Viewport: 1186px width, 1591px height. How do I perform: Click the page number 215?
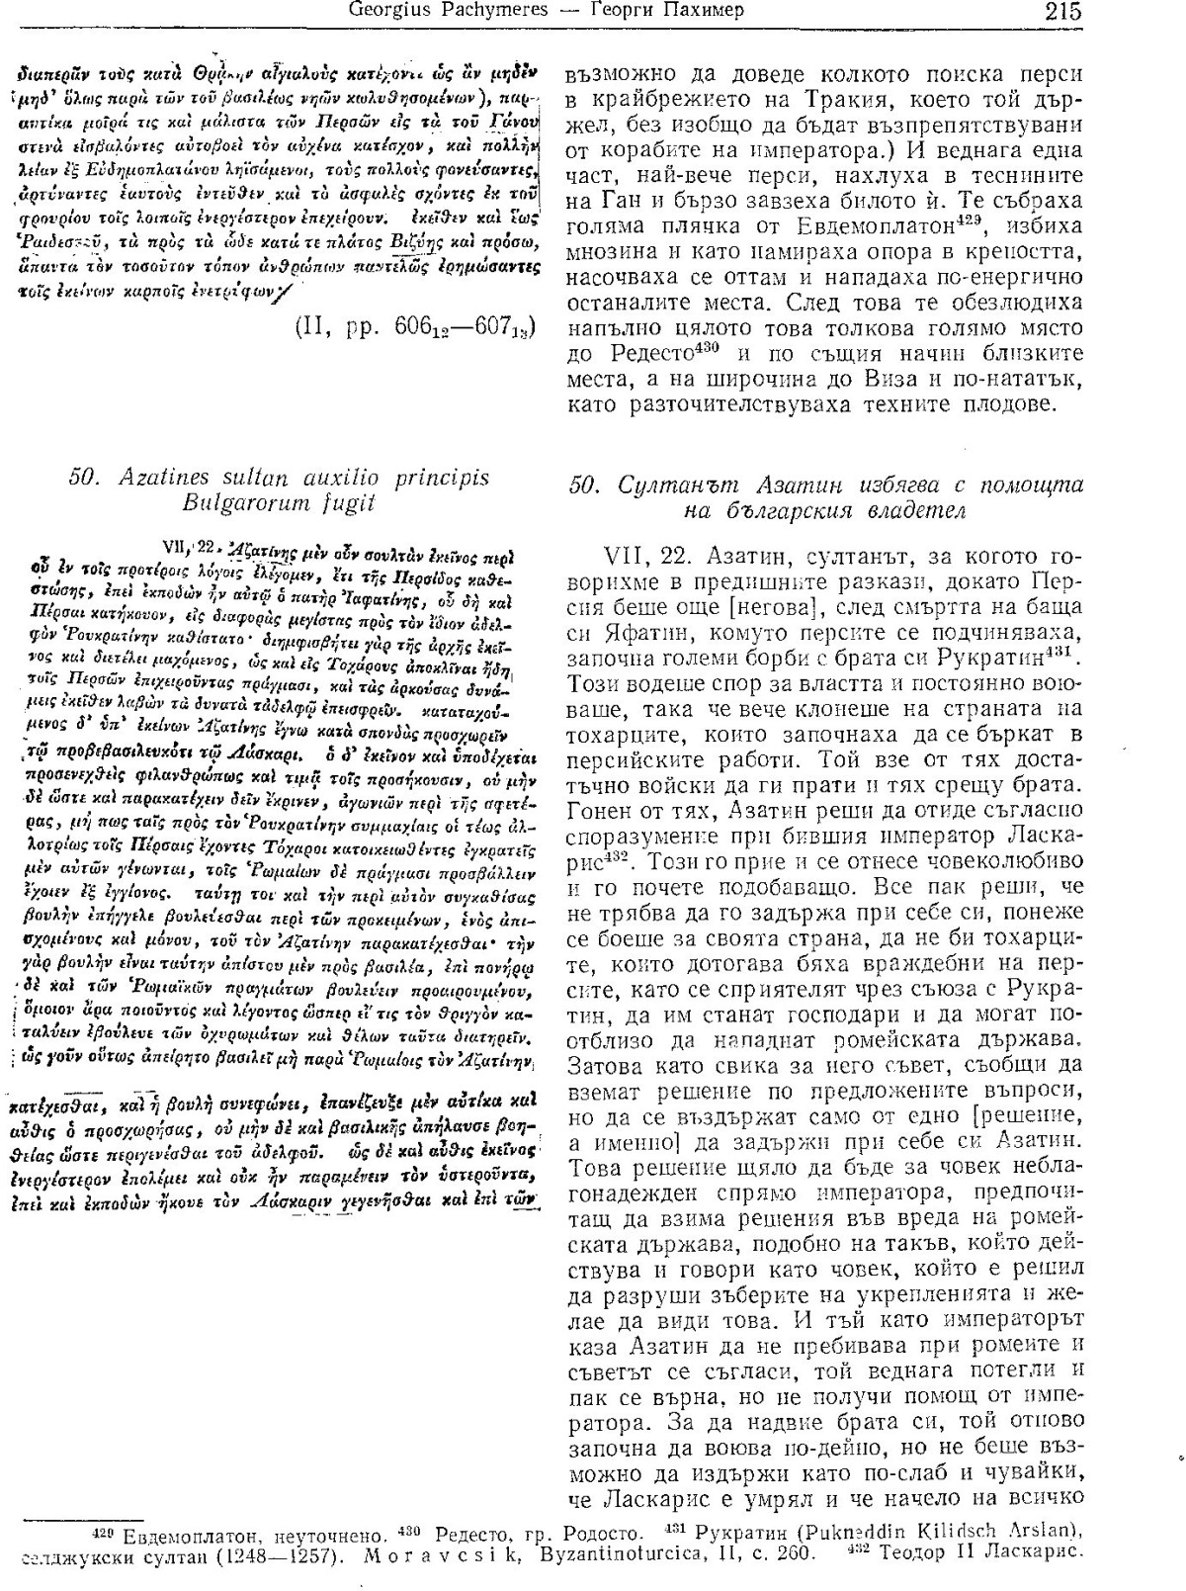1061,12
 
